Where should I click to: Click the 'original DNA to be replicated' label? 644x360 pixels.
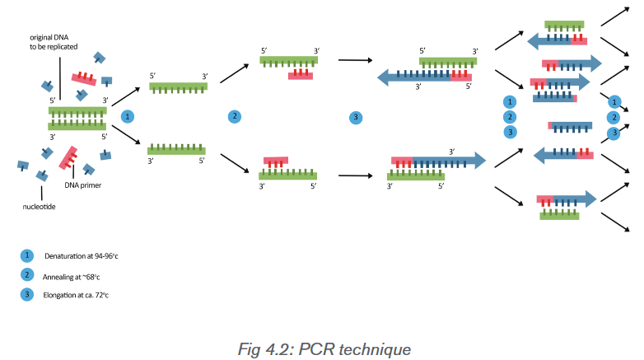(54, 42)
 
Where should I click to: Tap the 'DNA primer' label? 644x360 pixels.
(83, 185)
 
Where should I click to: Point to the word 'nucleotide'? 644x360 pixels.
(39, 207)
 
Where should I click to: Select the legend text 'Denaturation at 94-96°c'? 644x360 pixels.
(82, 256)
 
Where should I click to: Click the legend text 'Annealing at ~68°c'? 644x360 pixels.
(71, 277)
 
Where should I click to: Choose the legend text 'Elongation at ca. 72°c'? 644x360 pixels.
(76, 295)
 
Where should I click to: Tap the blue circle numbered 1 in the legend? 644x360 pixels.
(27, 255)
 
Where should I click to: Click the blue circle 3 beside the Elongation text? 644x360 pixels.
(27, 294)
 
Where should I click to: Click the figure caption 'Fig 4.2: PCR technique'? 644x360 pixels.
(324, 349)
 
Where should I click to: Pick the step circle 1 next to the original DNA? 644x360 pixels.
(128, 117)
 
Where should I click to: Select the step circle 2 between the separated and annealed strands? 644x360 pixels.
(235, 116)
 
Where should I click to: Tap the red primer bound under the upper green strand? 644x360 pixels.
(301, 74)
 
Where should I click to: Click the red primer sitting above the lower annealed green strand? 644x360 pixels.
(276, 162)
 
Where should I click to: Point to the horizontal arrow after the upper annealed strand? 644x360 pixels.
(355, 60)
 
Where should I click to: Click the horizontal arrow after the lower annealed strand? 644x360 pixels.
(355, 176)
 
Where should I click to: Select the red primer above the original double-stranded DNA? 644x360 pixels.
(84, 77)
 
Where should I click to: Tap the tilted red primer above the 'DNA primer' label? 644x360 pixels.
(68, 158)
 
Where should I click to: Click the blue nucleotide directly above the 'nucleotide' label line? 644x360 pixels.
(42, 176)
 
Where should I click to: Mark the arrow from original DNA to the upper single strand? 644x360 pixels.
(126, 96)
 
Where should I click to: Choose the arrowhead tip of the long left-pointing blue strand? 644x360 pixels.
(377, 77)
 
